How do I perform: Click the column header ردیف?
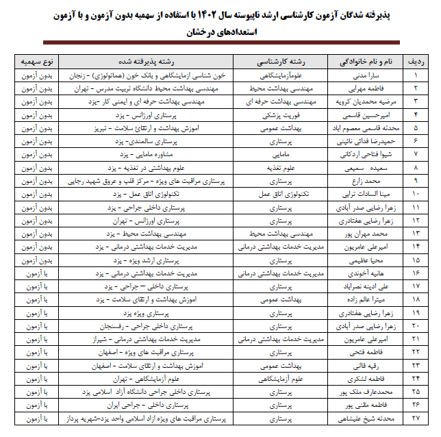pos(415,61)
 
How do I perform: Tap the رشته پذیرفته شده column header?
pos(152,61)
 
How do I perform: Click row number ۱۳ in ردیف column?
pos(415,234)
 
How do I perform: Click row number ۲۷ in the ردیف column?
pos(415,417)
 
